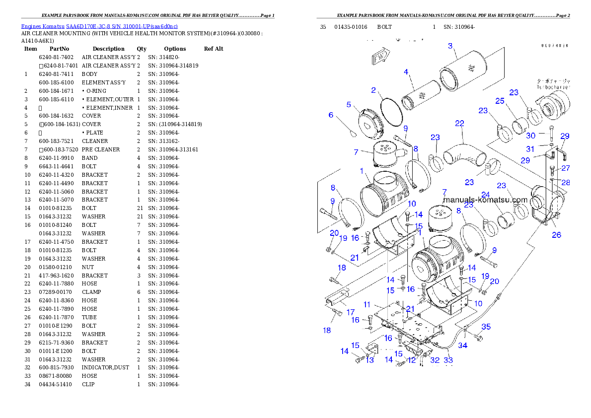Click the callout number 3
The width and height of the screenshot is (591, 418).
tap(450, 46)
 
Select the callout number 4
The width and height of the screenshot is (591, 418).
tap(406, 72)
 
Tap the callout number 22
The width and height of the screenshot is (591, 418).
tap(460, 123)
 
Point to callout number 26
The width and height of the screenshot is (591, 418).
tap(557, 235)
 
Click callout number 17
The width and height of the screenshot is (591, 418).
tap(351, 312)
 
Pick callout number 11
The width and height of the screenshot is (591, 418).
tap(367, 304)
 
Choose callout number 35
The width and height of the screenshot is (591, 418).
tap(486, 327)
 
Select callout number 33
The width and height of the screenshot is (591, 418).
tap(448, 361)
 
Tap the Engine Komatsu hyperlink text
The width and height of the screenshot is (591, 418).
tap(99, 26)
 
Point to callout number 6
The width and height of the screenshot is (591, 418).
tap(331, 115)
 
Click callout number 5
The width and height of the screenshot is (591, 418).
tap(349, 105)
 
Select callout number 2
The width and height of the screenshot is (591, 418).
tap(373, 90)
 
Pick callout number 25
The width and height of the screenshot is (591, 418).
tap(500, 101)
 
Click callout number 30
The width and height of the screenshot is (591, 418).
tap(531, 136)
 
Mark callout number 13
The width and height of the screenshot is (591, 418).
tap(369, 360)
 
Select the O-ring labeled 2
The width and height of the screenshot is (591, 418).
tap(392, 113)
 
